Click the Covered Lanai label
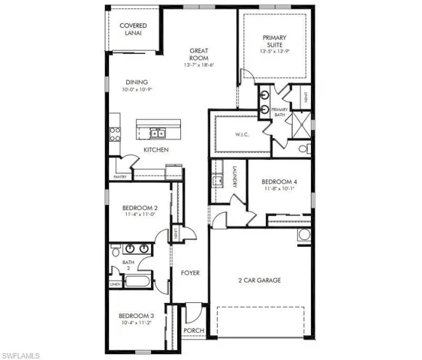tap(134, 30)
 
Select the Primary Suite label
tap(275, 42)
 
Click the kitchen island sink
tap(158, 134)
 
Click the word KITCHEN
tap(156, 150)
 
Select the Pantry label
tap(120, 176)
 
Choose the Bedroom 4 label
tap(280, 181)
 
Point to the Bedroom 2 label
tap(139, 208)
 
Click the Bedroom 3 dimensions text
tap(137, 325)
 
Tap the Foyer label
tap(190, 274)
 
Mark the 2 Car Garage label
tap(260, 280)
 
